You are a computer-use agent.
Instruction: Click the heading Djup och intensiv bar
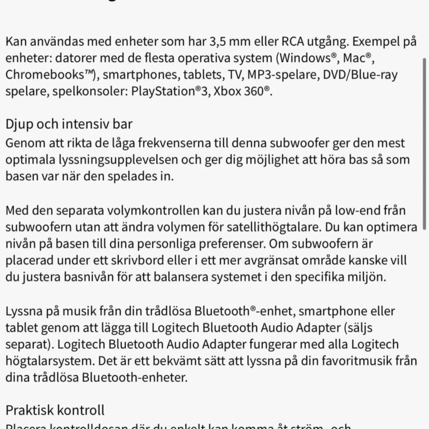tap(69, 124)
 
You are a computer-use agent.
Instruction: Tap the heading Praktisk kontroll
tap(55, 410)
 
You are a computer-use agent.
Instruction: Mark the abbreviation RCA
tap(294, 41)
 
